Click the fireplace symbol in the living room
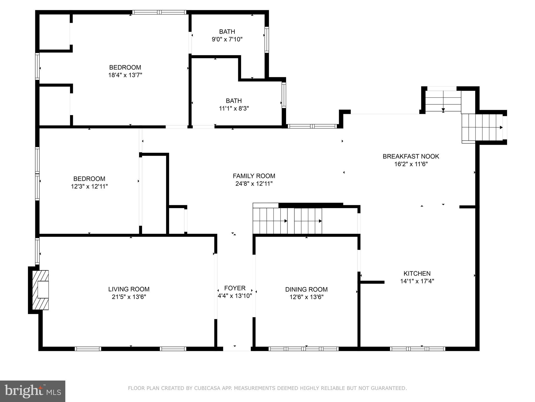40,290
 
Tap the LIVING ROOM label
129,289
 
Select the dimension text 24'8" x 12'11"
254,184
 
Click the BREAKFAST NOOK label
411,156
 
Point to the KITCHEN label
417,273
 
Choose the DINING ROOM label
306,289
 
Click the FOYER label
235,288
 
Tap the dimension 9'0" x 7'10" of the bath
227,40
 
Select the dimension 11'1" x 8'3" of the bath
234,108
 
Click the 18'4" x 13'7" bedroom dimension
125,75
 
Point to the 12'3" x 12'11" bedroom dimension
89,186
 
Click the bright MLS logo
33,391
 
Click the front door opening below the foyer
237,348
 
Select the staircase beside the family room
287,221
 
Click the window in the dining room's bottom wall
304,349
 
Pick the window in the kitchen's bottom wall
417,349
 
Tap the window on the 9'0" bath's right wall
266,40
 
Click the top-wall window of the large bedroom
159,12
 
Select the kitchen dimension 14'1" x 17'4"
417,281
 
